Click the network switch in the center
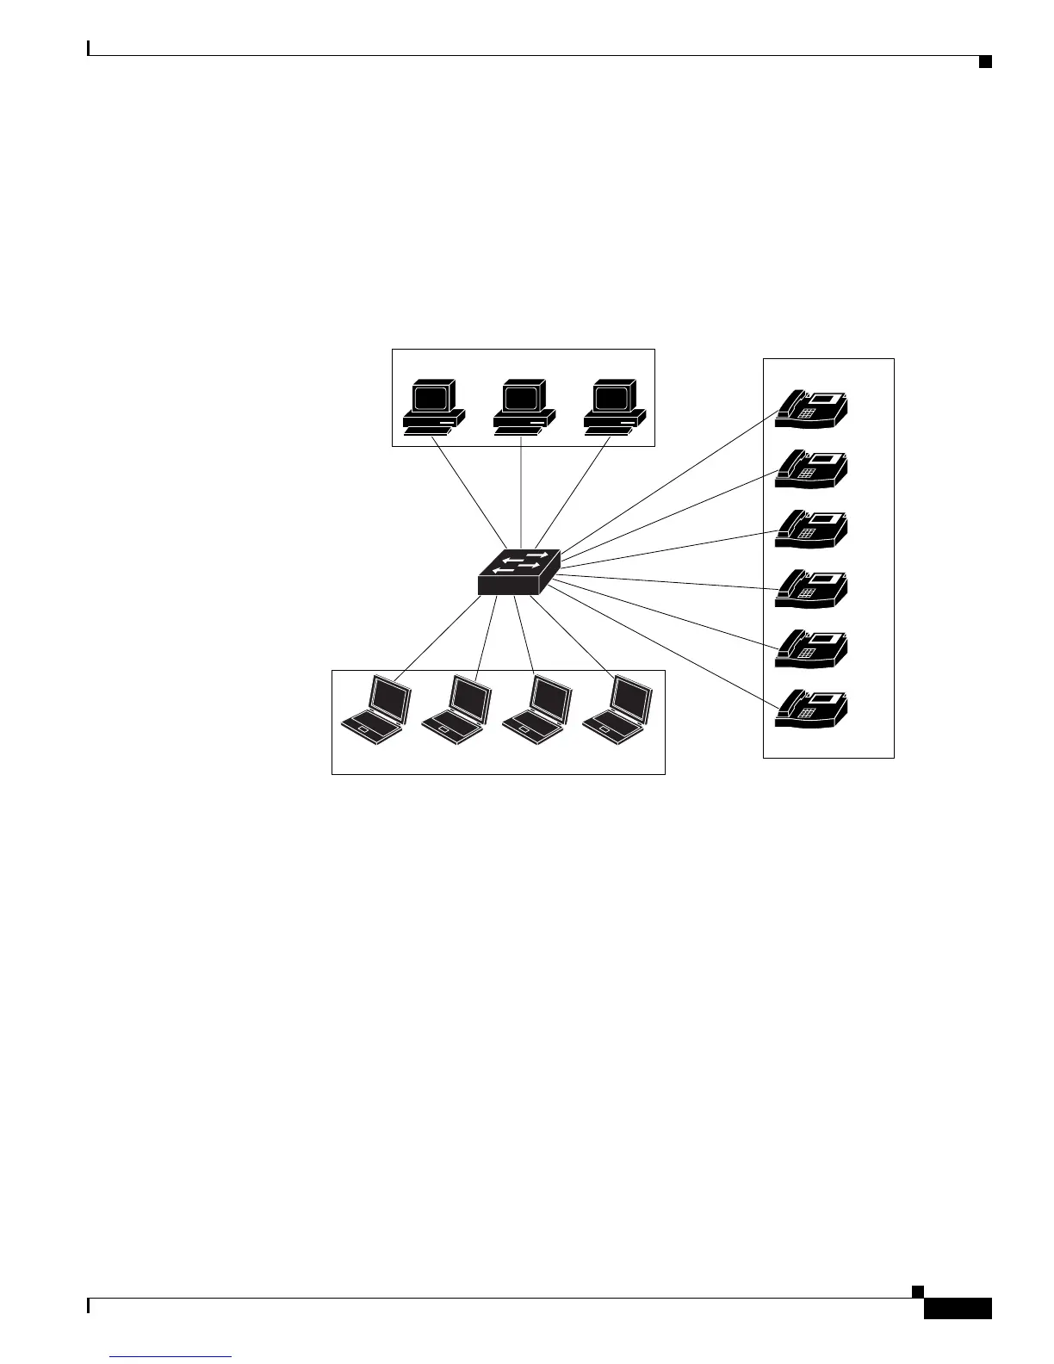click(518, 573)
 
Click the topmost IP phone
click(812, 408)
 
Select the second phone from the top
click(812, 468)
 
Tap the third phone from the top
click(812, 528)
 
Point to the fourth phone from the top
click(812, 587)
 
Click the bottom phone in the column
click(812, 707)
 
